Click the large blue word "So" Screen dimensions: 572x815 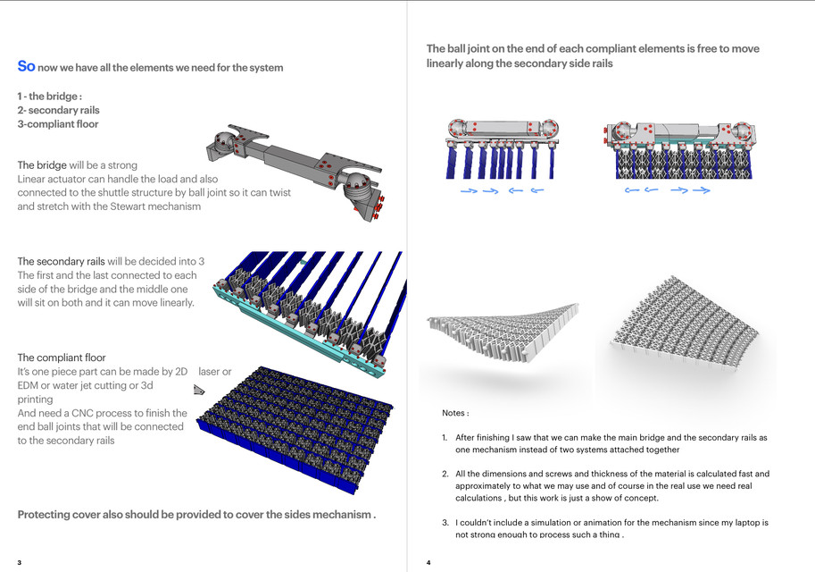click(27, 67)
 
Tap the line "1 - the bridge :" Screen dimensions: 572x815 click(50, 96)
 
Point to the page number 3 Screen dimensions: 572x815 click(20, 562)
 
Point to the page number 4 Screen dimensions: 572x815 click(428, 562)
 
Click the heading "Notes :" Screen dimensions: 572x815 click(455, 414)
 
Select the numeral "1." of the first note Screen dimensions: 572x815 click(445, 438)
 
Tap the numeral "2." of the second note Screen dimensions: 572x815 click(445, 474)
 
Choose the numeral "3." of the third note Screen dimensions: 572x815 click(445, 522)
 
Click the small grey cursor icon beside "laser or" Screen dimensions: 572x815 click(199, 391)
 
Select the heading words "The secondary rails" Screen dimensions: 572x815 click(62, 262)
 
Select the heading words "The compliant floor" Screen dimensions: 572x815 click(62, 357)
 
